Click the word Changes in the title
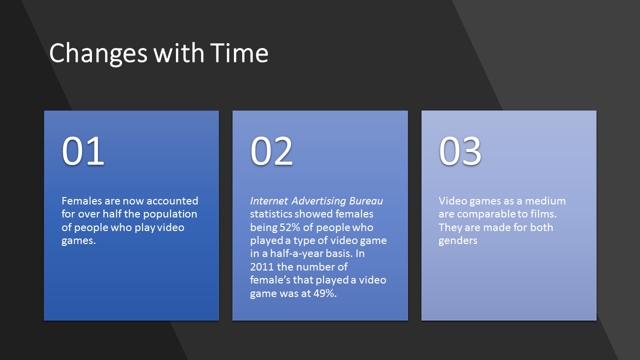98,53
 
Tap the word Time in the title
239,52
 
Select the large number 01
83,151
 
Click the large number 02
271,151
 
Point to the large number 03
460,151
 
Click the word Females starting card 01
81,201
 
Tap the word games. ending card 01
78,241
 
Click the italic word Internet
269,201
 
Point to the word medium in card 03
545,201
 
